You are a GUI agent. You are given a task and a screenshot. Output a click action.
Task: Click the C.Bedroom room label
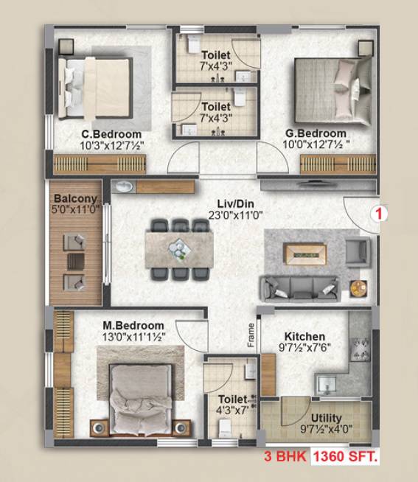pos(112,134)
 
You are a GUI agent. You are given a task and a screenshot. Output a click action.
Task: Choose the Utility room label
pos(325,418)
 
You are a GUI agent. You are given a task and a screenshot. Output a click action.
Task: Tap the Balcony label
pos(75,199)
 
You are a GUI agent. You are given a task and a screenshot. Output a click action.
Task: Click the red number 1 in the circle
pos(380,215)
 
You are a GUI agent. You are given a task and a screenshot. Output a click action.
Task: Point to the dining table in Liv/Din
pos(179,248)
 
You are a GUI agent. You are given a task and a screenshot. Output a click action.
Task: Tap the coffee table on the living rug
pos(305,255)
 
